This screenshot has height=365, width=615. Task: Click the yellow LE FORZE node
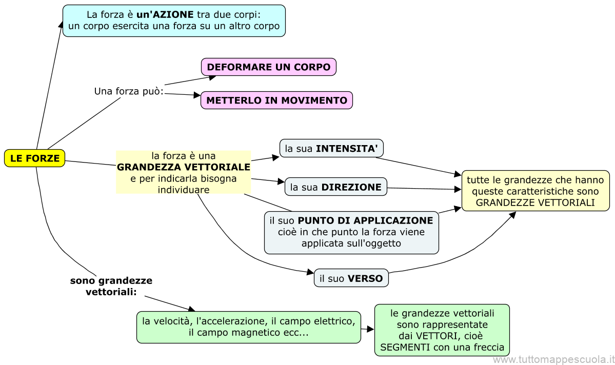[x=34, y=158]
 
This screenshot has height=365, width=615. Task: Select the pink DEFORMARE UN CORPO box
[x=269, y=67]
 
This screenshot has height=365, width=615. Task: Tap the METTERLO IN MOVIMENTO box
[x=276, y=100]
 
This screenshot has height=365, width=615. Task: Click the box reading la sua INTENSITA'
[x=331, y=149]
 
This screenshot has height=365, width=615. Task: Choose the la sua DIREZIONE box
[x=335, y=187]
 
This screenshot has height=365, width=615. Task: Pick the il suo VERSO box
[x=351, y=278]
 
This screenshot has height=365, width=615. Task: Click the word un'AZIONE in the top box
[x=165, y=15]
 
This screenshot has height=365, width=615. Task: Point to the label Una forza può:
[x=128, y=91]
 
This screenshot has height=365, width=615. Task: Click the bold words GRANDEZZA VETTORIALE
[x=184, y=167]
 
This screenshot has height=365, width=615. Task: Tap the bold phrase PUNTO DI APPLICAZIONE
[x=365, y=220]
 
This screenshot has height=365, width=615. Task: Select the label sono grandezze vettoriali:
[x=111, y=286]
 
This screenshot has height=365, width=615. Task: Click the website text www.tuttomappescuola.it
[x=553, y=360]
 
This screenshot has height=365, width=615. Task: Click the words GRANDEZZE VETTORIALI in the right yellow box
[x=535, y=202]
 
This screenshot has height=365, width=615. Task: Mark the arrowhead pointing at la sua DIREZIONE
[x=281, y=182]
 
